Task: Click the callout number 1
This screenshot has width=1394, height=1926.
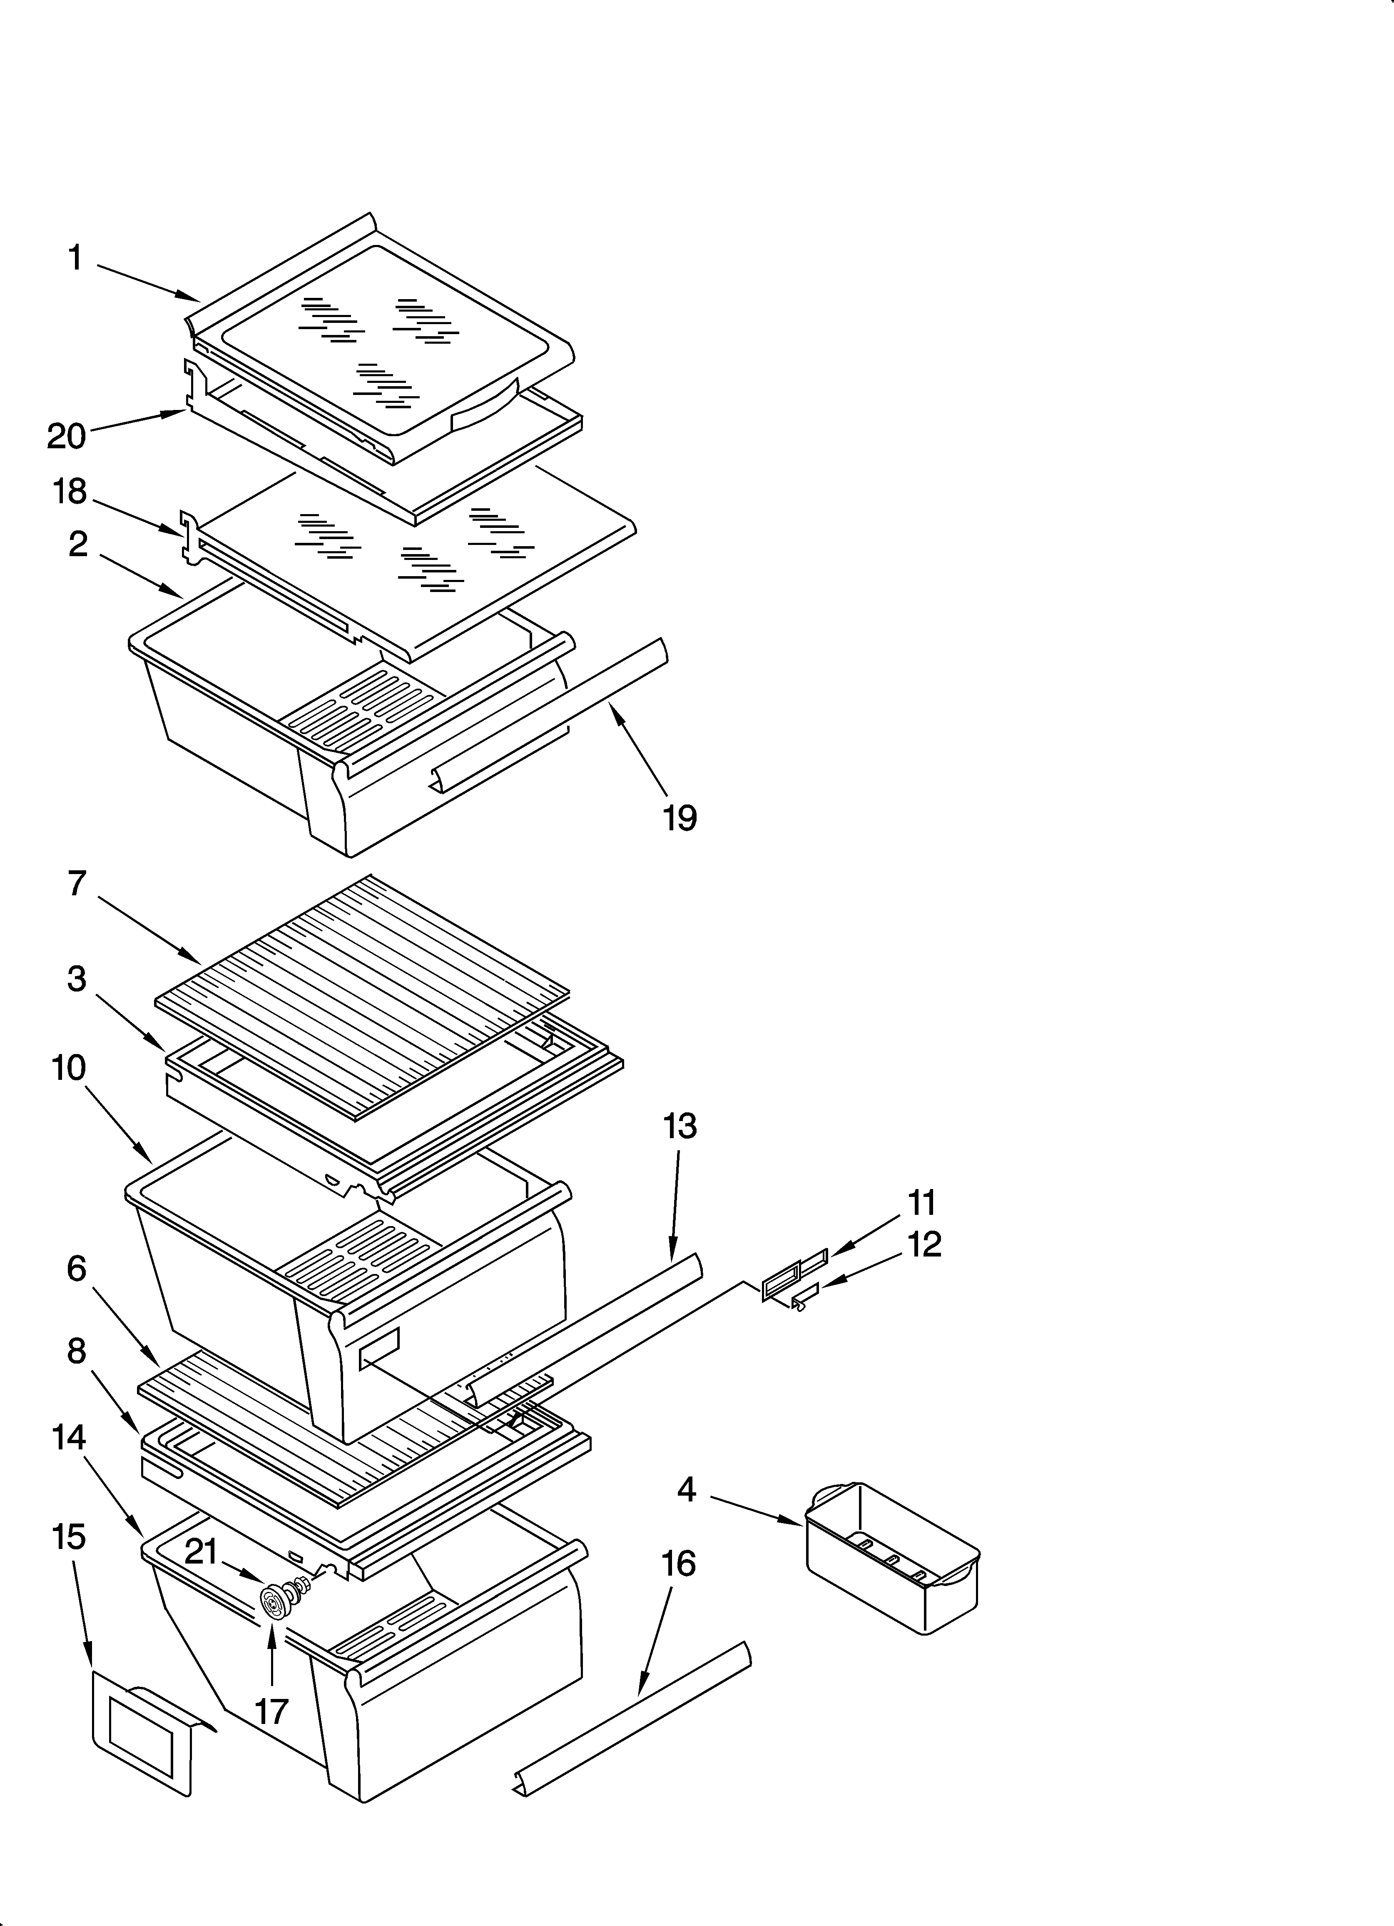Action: coord(75,257)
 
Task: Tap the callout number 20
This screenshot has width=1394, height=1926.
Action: coord(66,436)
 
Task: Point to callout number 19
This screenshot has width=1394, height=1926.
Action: coord(680,817)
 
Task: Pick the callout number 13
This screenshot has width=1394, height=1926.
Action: coord(680,1126)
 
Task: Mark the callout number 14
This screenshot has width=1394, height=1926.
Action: coord(69,1438)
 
